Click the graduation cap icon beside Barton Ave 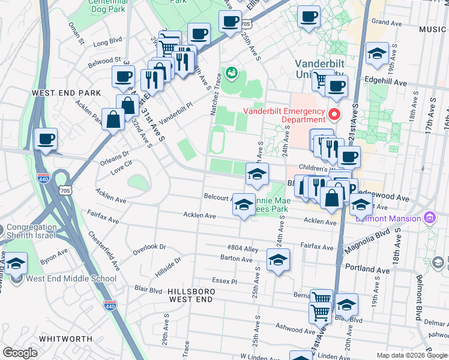tap(278, 260)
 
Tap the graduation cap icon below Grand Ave tap(377, 53)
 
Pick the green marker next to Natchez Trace tap(232, 73)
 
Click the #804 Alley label tap(243, 247)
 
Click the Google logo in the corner tap(20, 353)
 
